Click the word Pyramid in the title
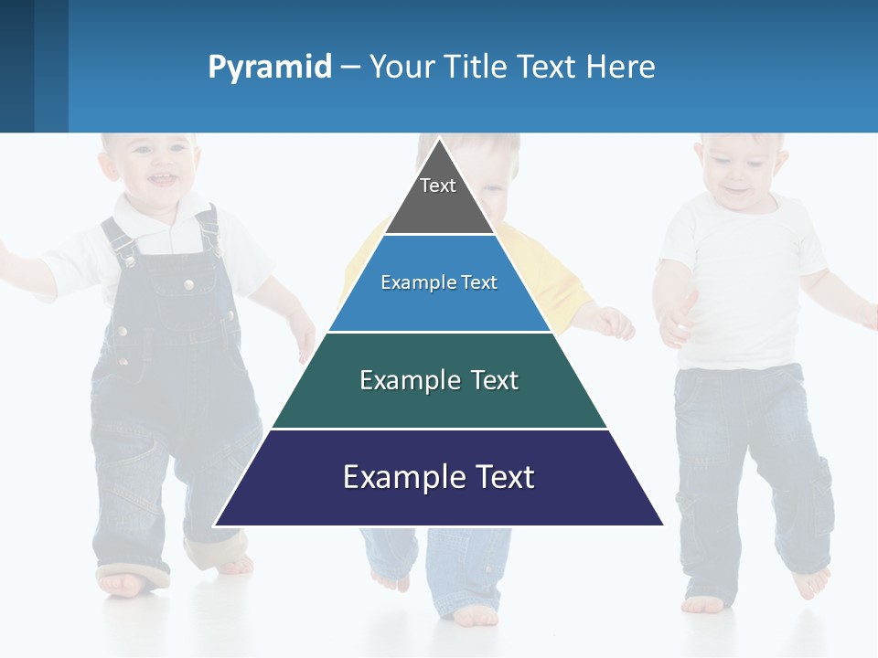(x=270, y=67)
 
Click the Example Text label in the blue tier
(x=439, y=282)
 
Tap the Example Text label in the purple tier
(x=439, y=477)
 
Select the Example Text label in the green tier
(x=439, y=380)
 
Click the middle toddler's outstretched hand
(x=615, y=323)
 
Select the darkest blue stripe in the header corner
(x=16, y=66)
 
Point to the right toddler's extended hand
(x=675, y=320)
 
